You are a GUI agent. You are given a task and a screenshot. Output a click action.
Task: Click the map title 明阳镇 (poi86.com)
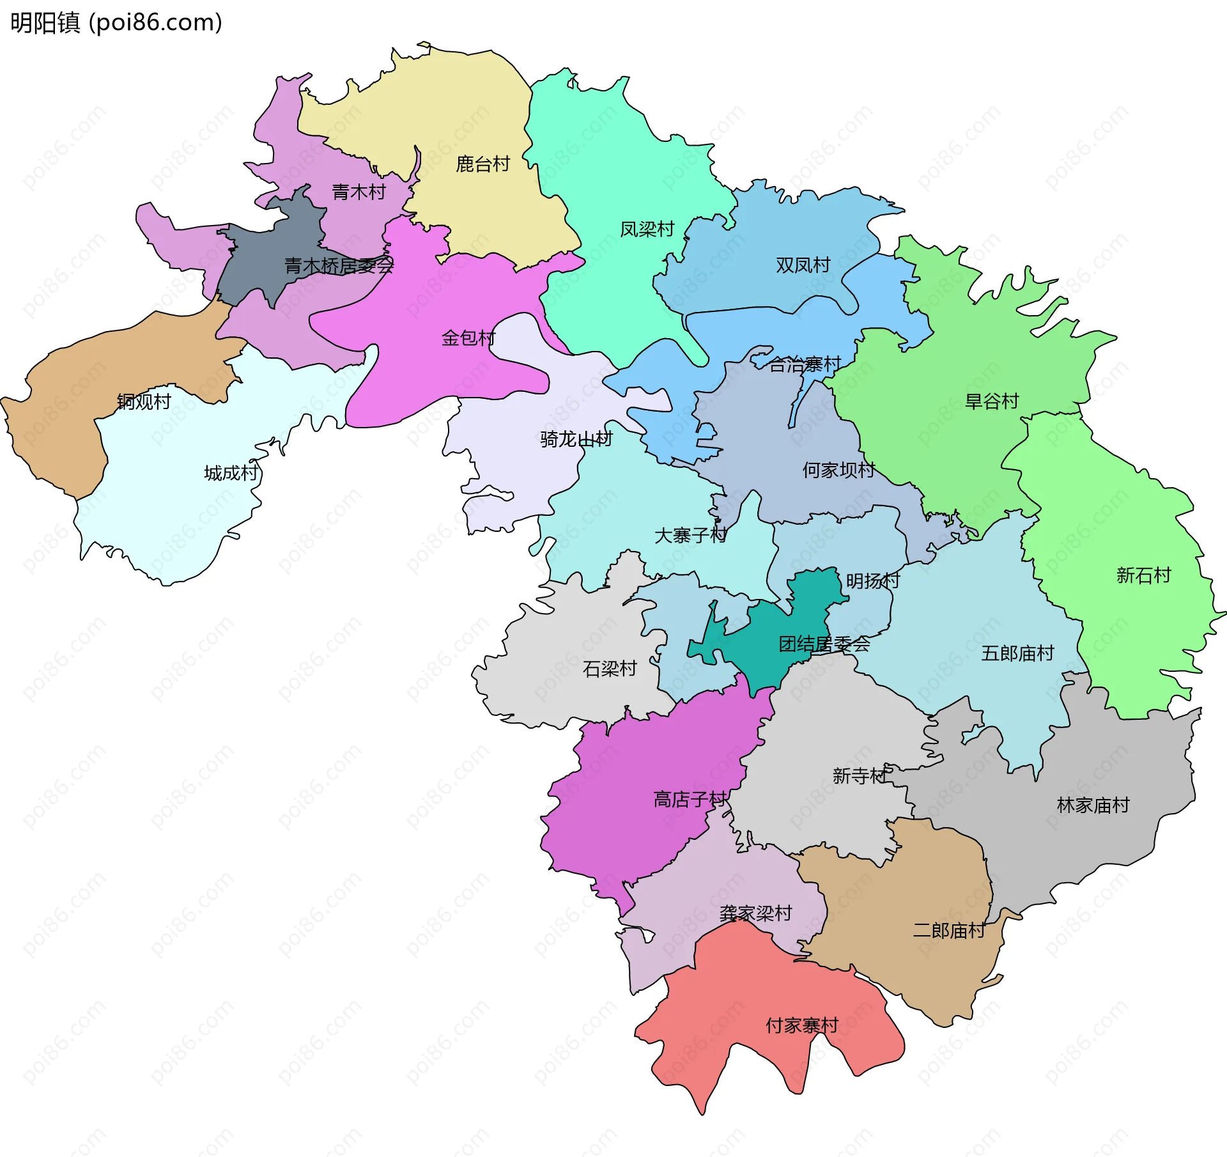point(116,22)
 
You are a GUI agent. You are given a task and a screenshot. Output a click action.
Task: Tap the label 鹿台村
point(482,164)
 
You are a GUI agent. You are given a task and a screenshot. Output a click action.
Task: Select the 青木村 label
point(359,192)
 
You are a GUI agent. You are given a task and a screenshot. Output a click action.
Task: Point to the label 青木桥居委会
point(339,265)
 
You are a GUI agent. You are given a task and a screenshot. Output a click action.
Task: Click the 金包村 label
point(468,338)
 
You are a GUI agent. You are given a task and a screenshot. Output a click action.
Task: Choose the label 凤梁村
point(647,229)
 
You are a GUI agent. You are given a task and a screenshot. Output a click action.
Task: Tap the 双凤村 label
point(803,265)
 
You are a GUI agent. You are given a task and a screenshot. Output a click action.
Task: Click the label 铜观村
point(144,401)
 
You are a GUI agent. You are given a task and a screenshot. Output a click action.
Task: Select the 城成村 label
point(231,473)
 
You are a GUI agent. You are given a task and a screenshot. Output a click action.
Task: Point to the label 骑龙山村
point(576,439)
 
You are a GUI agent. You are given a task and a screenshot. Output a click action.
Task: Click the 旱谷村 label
point(991,401)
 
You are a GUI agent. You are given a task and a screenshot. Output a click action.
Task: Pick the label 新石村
point(1143,575)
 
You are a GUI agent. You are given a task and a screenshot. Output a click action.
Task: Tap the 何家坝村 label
point(838,470)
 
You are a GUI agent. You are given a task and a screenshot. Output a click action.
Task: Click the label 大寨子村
point(690,535)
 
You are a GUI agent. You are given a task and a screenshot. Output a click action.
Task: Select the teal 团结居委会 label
point(824,644)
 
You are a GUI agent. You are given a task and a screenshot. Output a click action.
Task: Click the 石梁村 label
point(610,669)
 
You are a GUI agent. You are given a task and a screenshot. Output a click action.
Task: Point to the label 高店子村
point(690,799)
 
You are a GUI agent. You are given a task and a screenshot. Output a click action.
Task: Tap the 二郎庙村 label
point(949,930)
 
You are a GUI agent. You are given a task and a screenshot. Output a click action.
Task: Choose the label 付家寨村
point(802,1025)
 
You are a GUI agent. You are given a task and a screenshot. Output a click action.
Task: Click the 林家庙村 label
point(1093,805)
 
